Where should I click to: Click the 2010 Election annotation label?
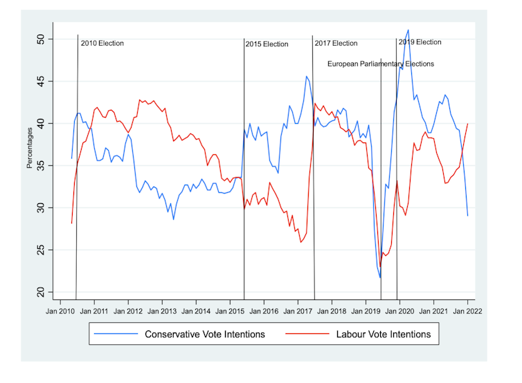(x=102, y=44)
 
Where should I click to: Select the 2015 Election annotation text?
(x=267, y=44)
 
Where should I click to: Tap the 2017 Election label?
(x=336, y=44)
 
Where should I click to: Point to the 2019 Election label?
(x=420, y=42)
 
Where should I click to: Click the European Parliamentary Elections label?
(x=381, y=64)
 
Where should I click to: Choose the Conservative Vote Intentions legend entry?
(x=204, y=335)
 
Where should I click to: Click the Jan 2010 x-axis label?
(x=60, y=311)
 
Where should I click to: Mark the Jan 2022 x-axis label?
(x=467, y=311)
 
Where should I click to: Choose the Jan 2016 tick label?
(x=264, y=311)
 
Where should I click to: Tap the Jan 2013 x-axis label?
(x=162, y=311)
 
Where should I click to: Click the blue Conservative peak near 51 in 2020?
(x=408, y=30)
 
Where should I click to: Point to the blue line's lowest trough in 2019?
(x=380, y=278)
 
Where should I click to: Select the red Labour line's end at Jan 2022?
(x=468, y=124)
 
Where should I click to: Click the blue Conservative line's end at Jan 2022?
(x=468, y=216)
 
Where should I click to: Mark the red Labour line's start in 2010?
(x=71, y=223)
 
